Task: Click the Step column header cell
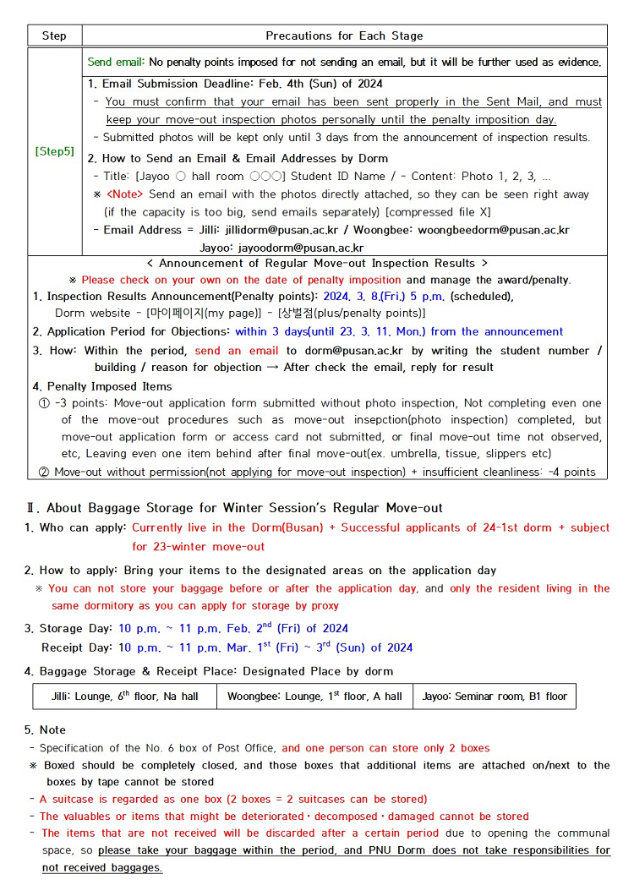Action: click(x=54, y=36)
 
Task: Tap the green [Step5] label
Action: click(x=54, y=152)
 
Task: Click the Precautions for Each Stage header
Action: click(x=344, y=36)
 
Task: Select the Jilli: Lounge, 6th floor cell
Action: click(x=124, y=697)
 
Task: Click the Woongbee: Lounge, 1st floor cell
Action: click(x=314, y=697)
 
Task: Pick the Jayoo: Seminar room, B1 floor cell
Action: click(x=495, y=697)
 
